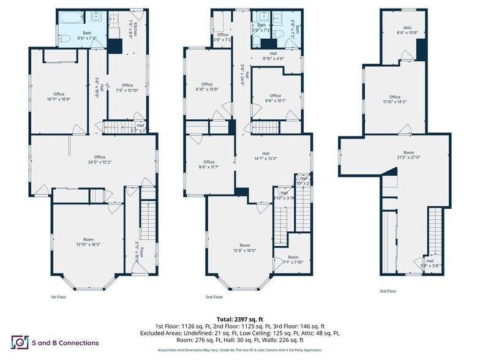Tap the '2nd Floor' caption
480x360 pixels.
click(x=214, y=297)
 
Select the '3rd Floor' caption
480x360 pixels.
click(x=388, y=291)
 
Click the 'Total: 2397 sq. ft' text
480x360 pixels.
click(x=239, y=320)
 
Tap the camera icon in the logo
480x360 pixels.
click(x=19, y=342)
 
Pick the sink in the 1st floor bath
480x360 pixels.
click(x=97, y=17)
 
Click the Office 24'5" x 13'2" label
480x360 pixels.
click(x=95, y=159)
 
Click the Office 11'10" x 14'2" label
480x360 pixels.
click(x=395, y=99)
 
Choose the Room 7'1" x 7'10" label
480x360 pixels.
click(x=293, y=260)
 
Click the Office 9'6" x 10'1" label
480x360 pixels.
click(x=276, y=98)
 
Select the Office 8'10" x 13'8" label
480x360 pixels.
click(x=206, y=86)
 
